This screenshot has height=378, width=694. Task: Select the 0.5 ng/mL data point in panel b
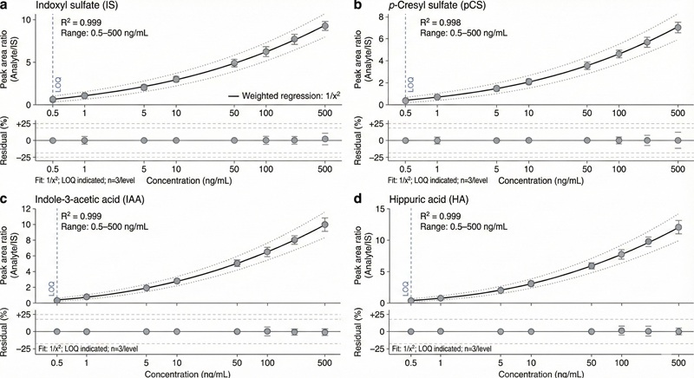406,101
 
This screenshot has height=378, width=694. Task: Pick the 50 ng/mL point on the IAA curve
234,264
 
